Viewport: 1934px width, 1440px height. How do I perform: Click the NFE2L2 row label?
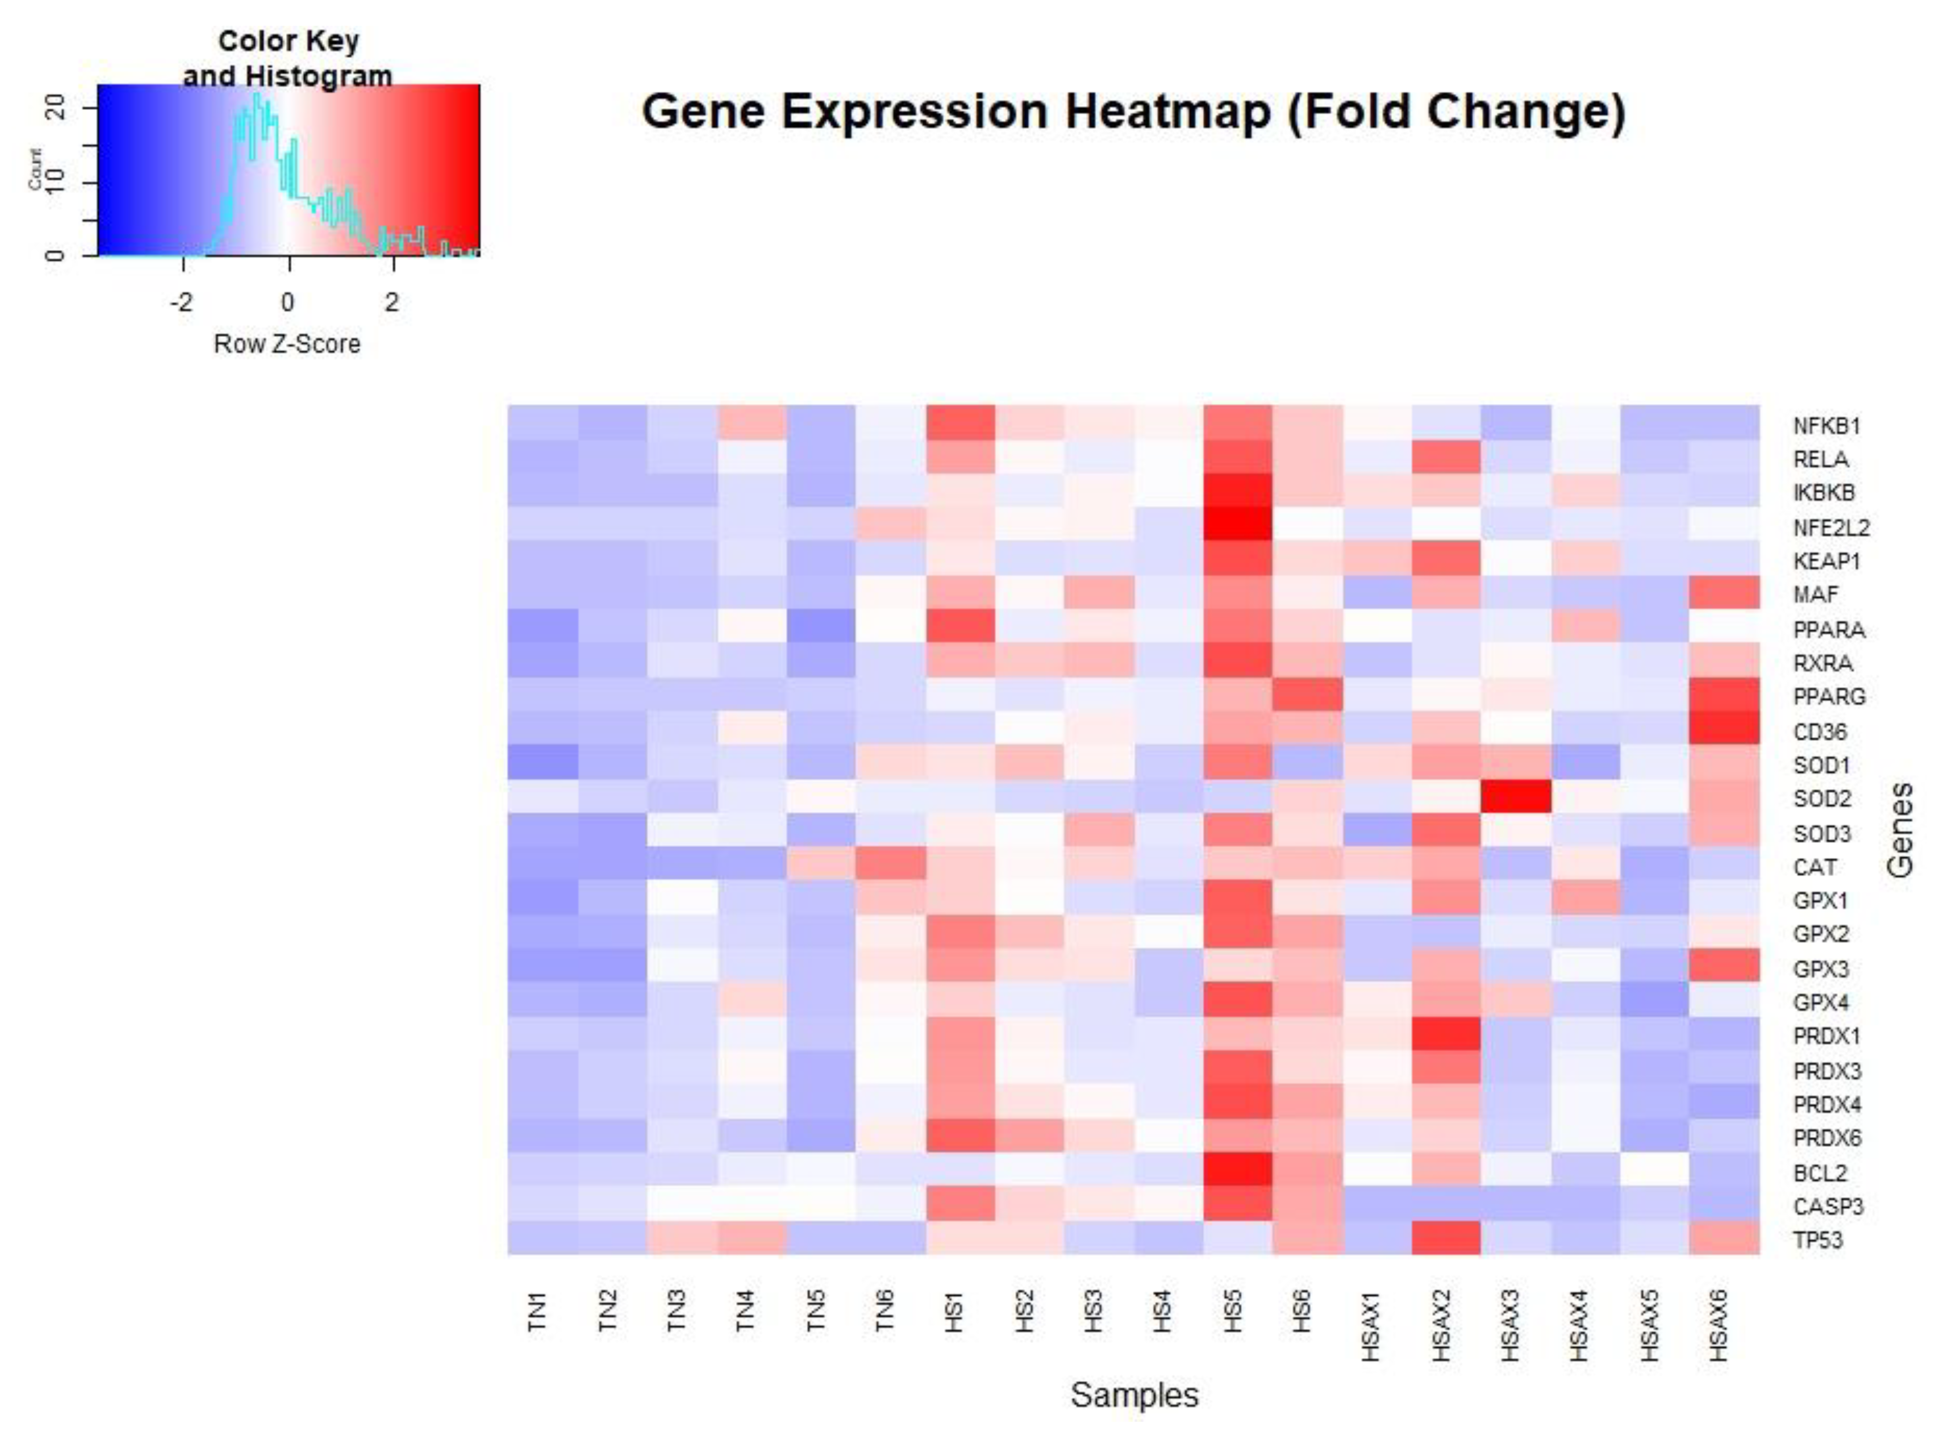coord(1830,527)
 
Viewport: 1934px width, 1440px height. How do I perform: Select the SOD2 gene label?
coord(1821,798)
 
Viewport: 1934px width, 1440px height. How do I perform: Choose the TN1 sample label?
coord(538,1311)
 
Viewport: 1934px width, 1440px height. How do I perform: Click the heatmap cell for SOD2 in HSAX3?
coord(1516,796)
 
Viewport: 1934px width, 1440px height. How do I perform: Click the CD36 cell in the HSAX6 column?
coord(1724,729)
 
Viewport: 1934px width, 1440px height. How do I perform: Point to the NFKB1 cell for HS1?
coord(960,423)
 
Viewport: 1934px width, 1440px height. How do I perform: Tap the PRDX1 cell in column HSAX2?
coord(1446,1034)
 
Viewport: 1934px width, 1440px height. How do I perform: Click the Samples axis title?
coord(1134,1395)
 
